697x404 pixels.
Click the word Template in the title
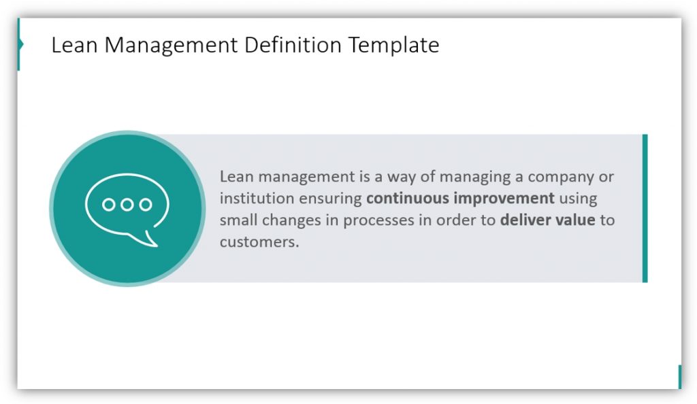394,46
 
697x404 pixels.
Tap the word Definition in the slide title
293,45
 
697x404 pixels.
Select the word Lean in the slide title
74,45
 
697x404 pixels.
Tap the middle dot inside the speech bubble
127,205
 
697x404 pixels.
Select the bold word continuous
407,198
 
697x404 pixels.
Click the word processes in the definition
378,220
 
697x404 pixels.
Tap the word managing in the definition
475,178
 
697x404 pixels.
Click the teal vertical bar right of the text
645,208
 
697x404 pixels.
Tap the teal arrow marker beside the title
20,44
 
